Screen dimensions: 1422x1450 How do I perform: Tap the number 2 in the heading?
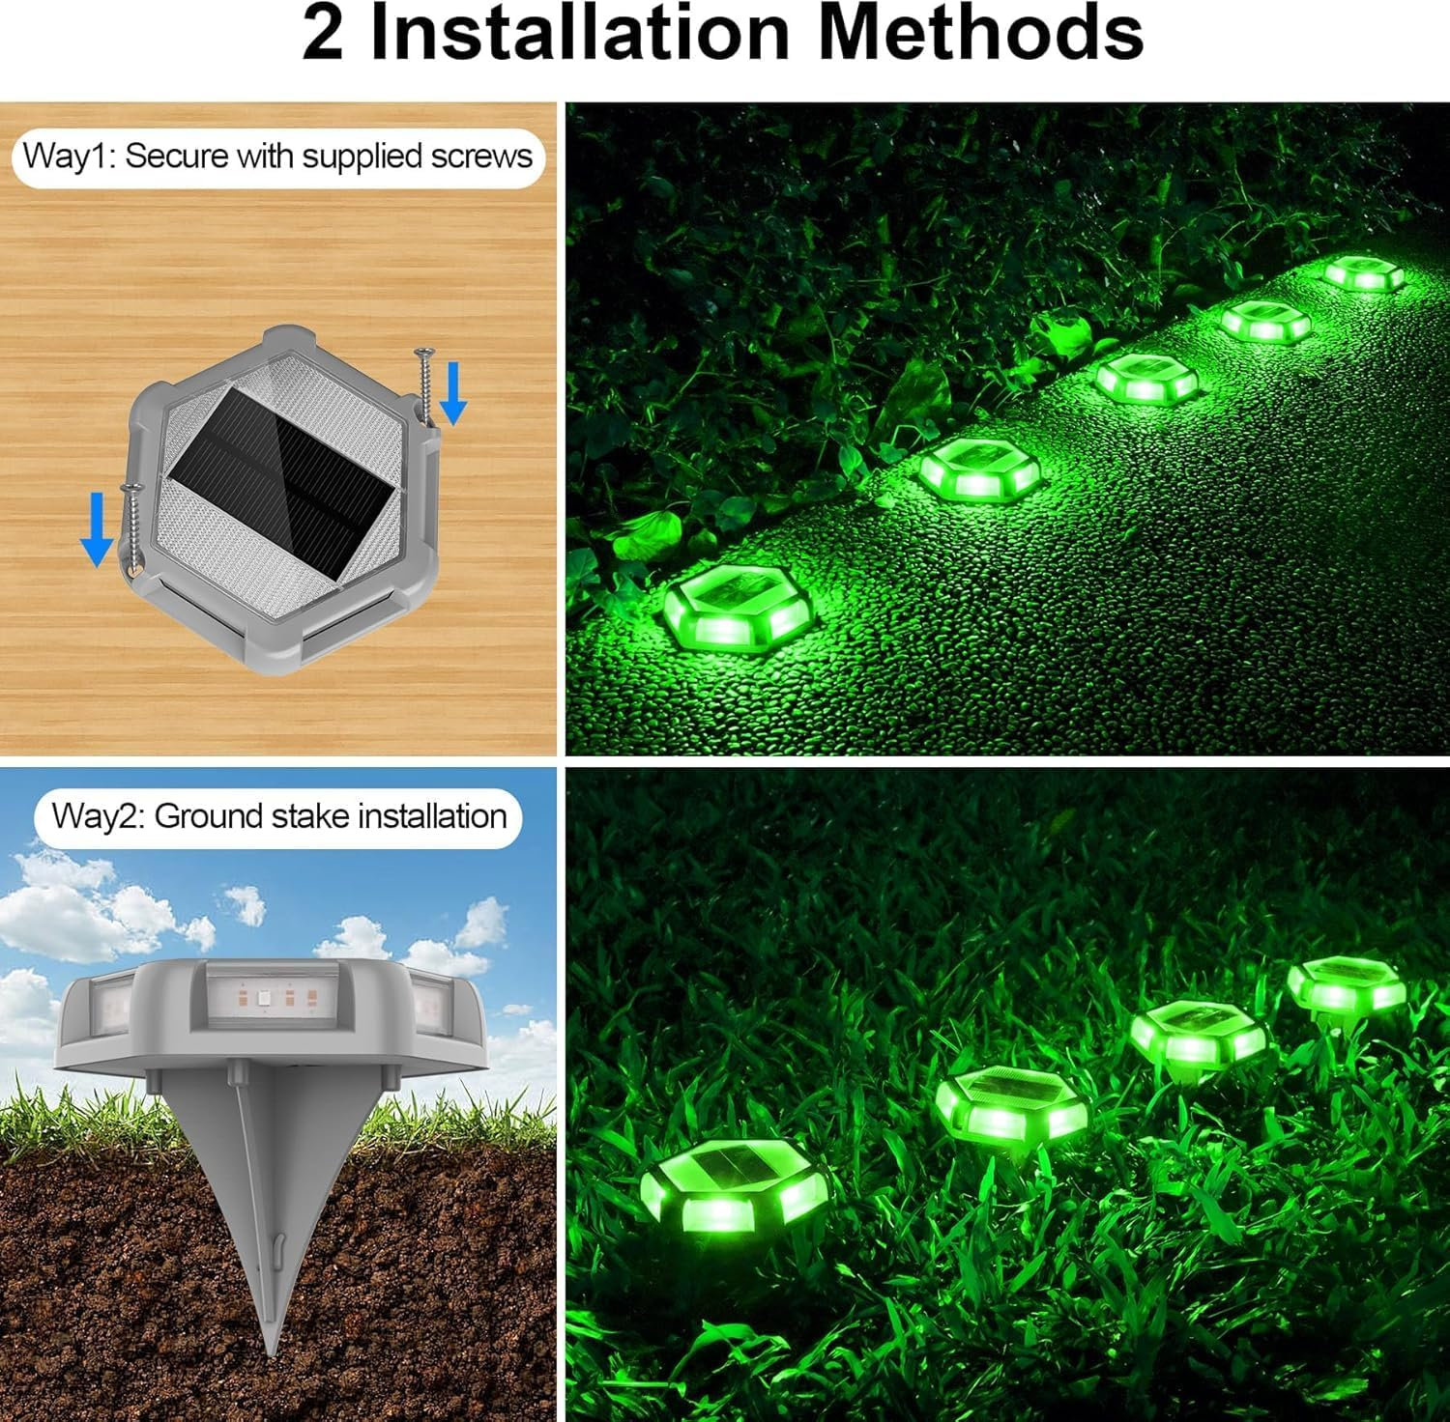(323, 36)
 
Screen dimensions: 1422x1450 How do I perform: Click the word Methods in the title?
(980, 34)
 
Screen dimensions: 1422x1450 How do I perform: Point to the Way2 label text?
(97, 816)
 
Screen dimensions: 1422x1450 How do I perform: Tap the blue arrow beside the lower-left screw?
(96, 527)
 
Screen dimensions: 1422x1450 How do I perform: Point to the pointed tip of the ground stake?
(275, 1348)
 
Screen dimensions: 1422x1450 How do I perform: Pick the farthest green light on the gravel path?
(1363, 272)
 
